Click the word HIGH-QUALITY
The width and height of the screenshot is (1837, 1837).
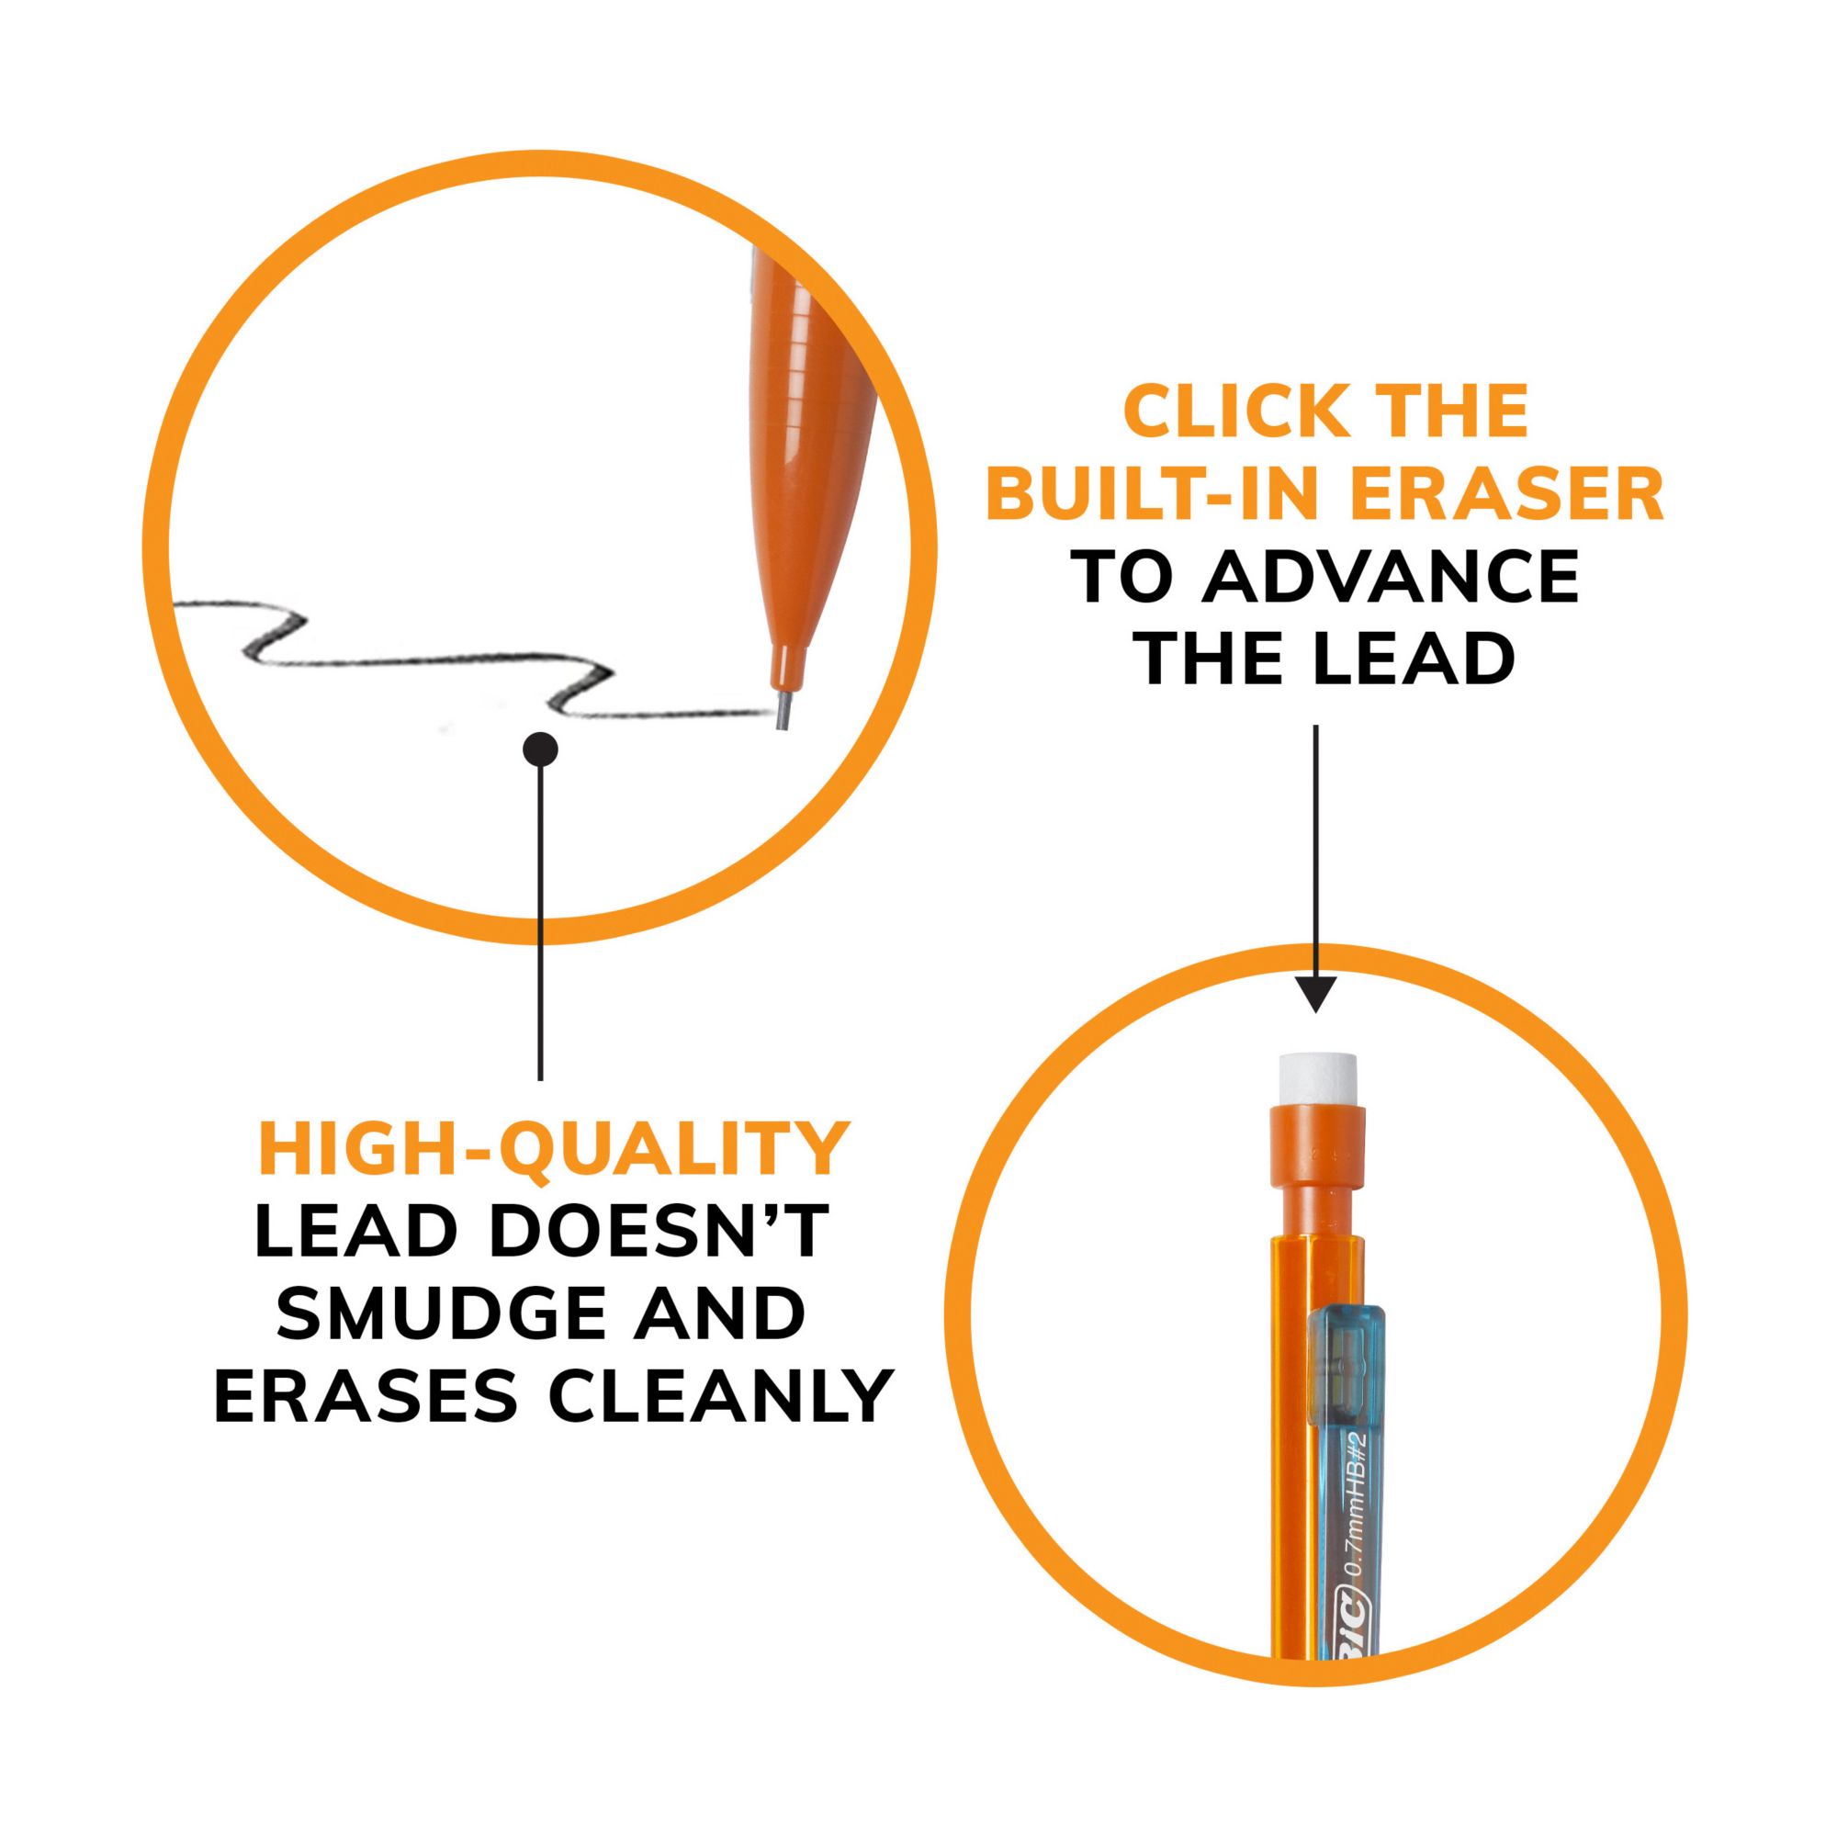[x=553, y=1151]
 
